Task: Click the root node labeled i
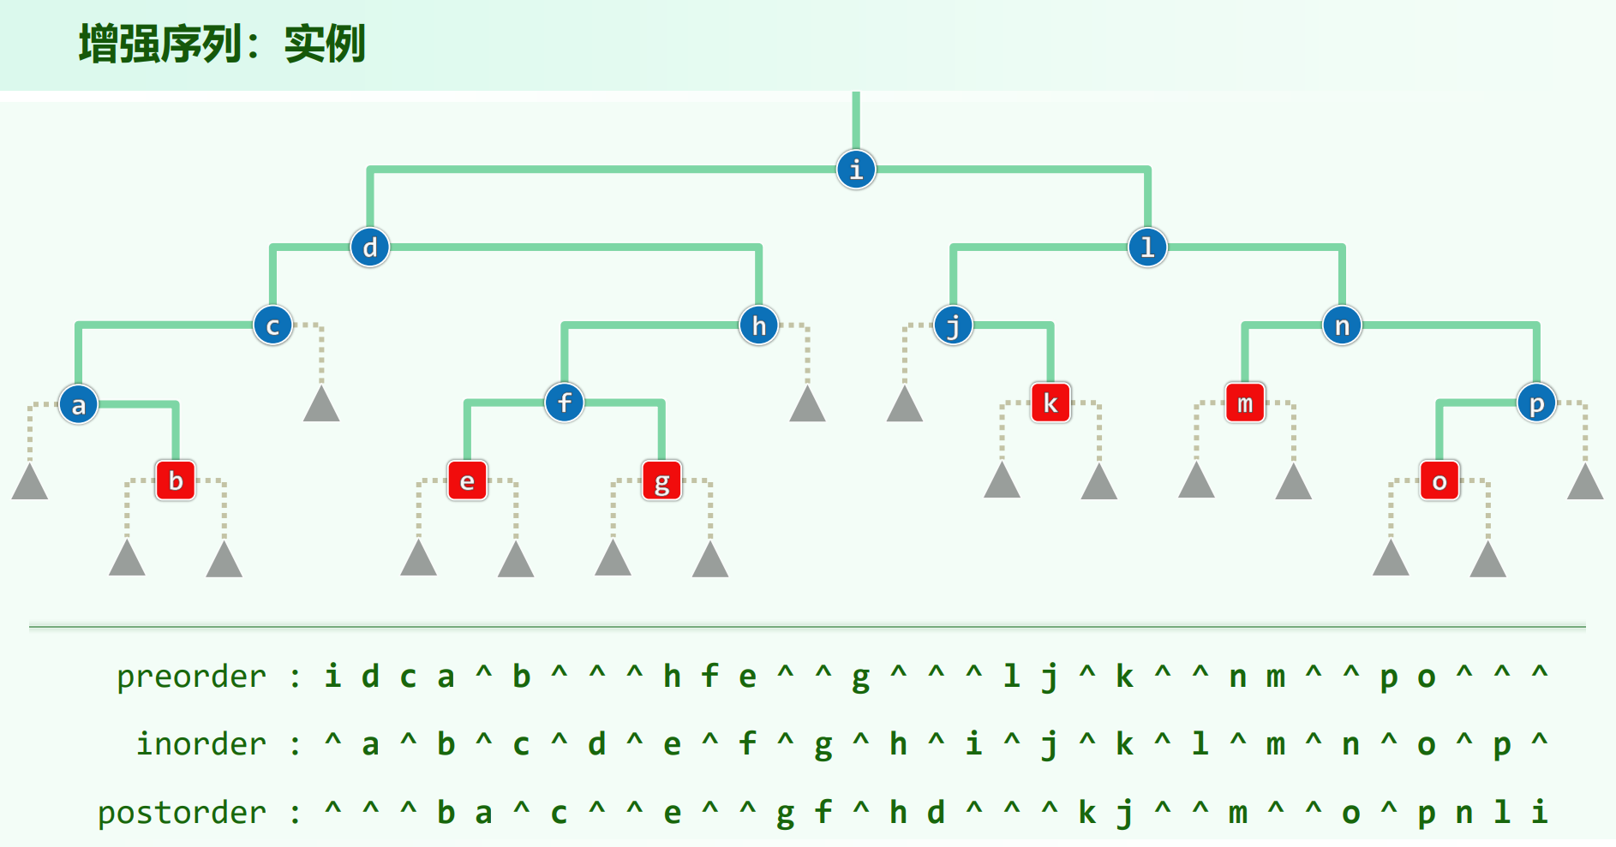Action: tap(856, 170)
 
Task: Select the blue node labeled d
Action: tap(370, 248)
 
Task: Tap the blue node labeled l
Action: tap(1147, 248)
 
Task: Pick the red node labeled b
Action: tap(176, 480)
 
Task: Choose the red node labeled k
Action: tap(1050, 403)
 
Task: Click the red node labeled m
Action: tap(1245, 403)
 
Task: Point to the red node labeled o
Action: tap(1439, 480)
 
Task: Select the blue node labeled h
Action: tap(759, 325)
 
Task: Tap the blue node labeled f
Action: tap(565, 403)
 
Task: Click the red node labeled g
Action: tap(661, 480)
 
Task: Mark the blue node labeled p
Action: tap(1536, 403)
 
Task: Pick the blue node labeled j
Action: tap(953, 325)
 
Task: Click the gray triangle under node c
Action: tap(321, 405)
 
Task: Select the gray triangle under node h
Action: tap(807, 405)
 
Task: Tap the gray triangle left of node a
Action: tap(30, 483)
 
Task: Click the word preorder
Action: tap(191, 677)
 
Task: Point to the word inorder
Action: tap(201, 744)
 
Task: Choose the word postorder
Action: tap(182, 812)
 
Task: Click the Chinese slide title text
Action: tap(222, 45)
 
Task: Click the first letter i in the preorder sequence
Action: tap(332, 677)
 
